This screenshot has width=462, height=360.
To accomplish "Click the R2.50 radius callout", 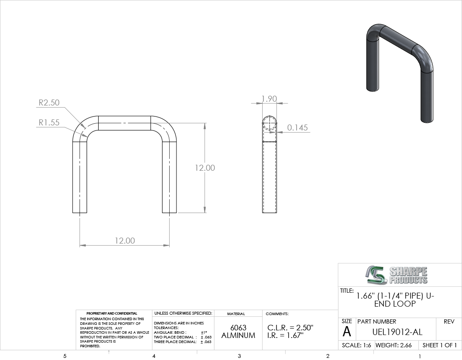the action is click(49, 102).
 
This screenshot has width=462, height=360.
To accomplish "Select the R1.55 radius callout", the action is click(49, 122).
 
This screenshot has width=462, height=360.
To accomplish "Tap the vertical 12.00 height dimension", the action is click(205, 168).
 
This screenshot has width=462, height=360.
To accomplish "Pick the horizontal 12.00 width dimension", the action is click(125, 241).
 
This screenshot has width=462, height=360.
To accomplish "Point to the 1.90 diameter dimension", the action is click(269, 99).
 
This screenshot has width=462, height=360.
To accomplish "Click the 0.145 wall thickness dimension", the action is click(297, 127).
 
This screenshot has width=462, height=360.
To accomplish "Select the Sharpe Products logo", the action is click(396, 275).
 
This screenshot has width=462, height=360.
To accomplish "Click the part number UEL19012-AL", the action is click(397, 332).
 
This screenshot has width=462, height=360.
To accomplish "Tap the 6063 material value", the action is click(238, 327).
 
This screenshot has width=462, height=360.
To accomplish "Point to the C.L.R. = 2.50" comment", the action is click(290, 327).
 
